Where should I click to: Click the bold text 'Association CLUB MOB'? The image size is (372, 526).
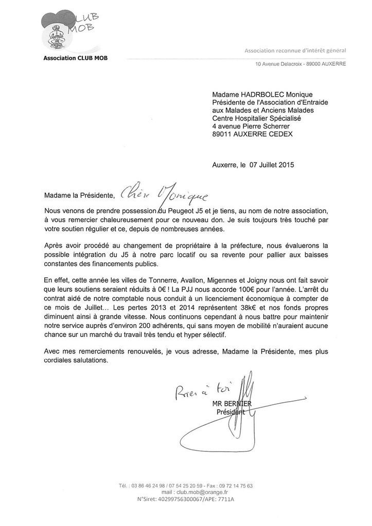pyautogui.click(x=76, y=58)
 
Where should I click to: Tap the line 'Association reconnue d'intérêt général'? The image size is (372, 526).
pyautogui.click(x=295, y=50)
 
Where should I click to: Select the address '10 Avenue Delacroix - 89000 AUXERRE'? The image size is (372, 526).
pyautogui.click(x=300, y=64)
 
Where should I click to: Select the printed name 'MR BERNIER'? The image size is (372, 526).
pyautogui.click(x=232, y=403)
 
